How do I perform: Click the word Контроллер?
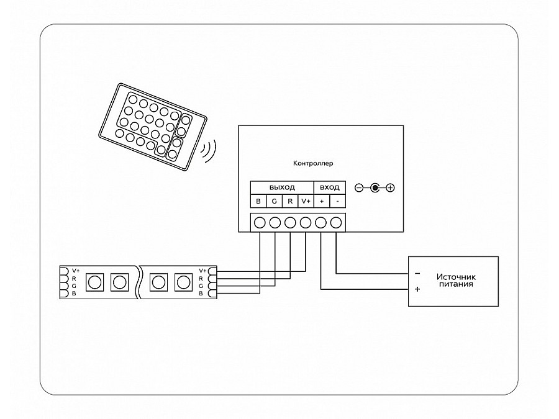pyautogui.click(x=313, y=164)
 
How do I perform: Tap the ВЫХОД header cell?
pyautogui.click(x=281, y=187)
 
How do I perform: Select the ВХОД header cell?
pyautogui.click(x=329, y=187)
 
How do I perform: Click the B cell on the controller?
pyautogui.click(x=258, y=201)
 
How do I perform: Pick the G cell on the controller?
pyautogui.click(x=274, y=201)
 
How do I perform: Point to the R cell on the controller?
pyautogui.click(x=289, y=201)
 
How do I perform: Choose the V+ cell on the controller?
pyautogui.click(x=305, y=201)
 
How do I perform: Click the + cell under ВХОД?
pyautogui.click(x=321, y=201)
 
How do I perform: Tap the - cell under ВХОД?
pyautogui.click(x=337, y=201)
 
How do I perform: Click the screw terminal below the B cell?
pyautogui.click(x=259, y=222)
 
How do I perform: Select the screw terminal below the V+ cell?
pyautogui.click(x=306, y=222)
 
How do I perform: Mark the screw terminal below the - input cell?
pyautogui.click(x=337, y=222)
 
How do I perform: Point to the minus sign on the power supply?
pyautogui.click(x=417, y=273)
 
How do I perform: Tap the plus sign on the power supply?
pyautogui.click(x=417, y=289)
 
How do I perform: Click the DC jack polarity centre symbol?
pyautogui.click(x=374, y=187)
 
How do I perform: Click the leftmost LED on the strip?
pyautogui.click(x=94, y=282)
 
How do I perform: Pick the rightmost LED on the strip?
pyautogui.click(x=183, y=282)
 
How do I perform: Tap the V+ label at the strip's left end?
pyautogui.click(x=76, y=271)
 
